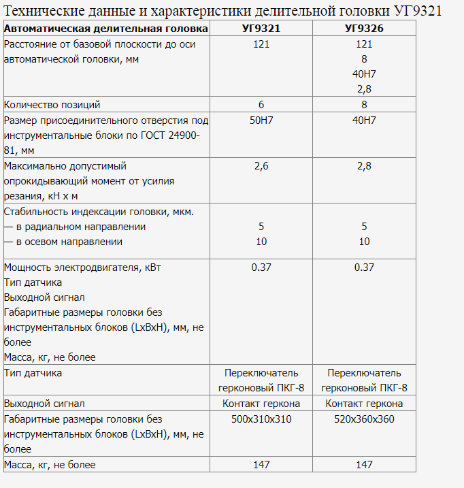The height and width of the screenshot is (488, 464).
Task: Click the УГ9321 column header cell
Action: click(x=261, y=29)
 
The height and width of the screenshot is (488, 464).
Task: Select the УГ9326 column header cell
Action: click(x=364, y=29)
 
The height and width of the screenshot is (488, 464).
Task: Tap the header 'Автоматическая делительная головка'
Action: click(x=106, y=29)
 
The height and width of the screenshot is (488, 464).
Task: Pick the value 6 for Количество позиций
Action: click(x=261, y=105)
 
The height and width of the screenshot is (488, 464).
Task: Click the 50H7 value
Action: click(x=261, y=120)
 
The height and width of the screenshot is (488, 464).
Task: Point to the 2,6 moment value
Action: click(x=261, y=166)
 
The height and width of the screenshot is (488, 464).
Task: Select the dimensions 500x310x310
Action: click(x=261, y=419)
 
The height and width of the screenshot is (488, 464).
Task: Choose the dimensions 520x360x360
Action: click(x=364, y=419)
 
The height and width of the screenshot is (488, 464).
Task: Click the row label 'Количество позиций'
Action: click(x=52, y=105)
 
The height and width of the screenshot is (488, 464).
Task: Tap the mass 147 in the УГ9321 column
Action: click(x=261, y=465)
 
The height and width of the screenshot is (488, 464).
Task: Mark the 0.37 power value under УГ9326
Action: click(x=364, y=267)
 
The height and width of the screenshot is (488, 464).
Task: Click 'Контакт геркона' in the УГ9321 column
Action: click(x=261, y=404)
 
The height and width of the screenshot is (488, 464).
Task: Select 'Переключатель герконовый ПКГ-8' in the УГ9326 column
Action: click(x=364, y=380)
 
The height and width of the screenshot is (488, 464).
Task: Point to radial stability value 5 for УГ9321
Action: click(x=261, y=227)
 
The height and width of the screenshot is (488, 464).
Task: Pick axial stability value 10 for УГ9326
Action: click(x=364, y=242)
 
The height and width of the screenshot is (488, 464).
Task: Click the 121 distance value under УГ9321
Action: click(x=261, y=44)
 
